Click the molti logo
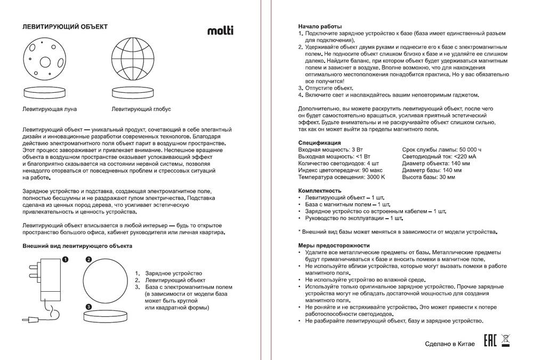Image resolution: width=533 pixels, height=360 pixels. tap(220, 30)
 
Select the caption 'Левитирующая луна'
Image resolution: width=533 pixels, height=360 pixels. tap(50, 109)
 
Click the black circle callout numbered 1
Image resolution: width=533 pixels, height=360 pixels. tap(65, 260)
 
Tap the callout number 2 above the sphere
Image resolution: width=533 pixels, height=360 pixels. tap(89, 259)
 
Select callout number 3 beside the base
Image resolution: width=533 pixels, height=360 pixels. tap(89, 307)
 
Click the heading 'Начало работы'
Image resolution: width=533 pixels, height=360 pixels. tap(320, 27)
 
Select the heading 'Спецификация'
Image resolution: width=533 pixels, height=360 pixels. tap(320, 143)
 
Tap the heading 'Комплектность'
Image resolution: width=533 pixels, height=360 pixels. tap(320, 190)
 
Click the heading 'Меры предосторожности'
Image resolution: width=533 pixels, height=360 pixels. tap(334, 245)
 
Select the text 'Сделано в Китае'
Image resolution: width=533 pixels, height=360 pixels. tap(449, 344)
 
